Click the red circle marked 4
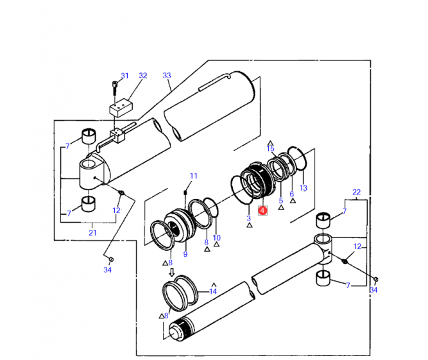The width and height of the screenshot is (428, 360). tap(262, 210)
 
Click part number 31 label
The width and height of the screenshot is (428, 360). tap(124, 76)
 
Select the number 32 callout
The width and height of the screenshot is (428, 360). tap(142, 76)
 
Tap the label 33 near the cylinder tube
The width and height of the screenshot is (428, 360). tap(167, 75)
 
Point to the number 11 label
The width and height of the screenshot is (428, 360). tap(194, 176)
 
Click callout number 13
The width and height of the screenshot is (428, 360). tap(304, 188)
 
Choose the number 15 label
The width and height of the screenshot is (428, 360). tap(271, 149)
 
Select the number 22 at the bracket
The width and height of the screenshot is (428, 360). tap(357, 192)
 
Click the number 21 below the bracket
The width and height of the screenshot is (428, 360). tap(92, 233)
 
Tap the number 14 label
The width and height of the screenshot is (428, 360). tap(213, 291)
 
